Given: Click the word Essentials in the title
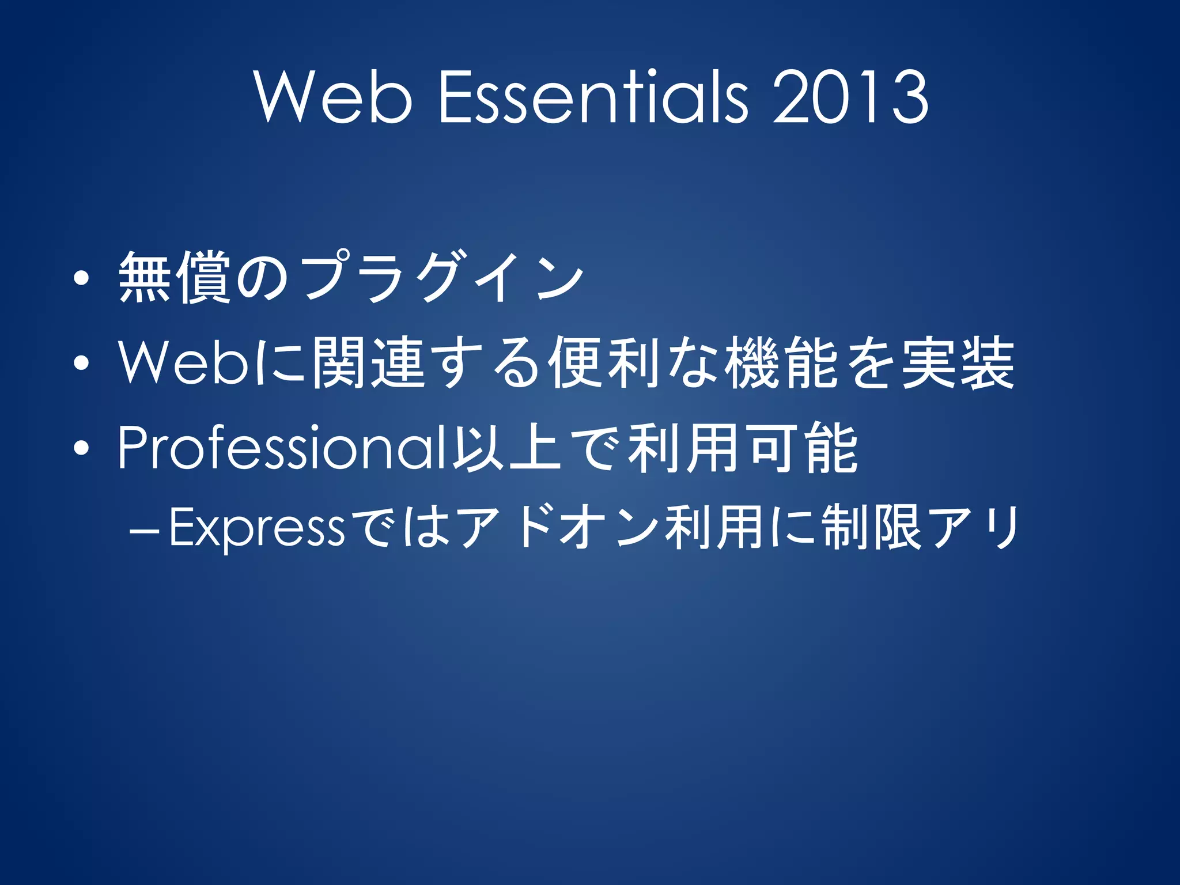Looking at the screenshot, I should click(x=594, y=96).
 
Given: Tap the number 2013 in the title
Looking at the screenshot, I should click(x=850, y=96).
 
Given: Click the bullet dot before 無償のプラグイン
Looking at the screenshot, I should click(x=81, y=279).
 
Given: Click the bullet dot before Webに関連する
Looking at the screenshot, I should click(x=81, y=363).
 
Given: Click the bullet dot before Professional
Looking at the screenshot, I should click(x=81, y=448).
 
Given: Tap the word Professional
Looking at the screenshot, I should click(x=282, y=448).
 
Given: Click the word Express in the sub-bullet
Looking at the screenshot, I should click(x=256, y=528).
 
